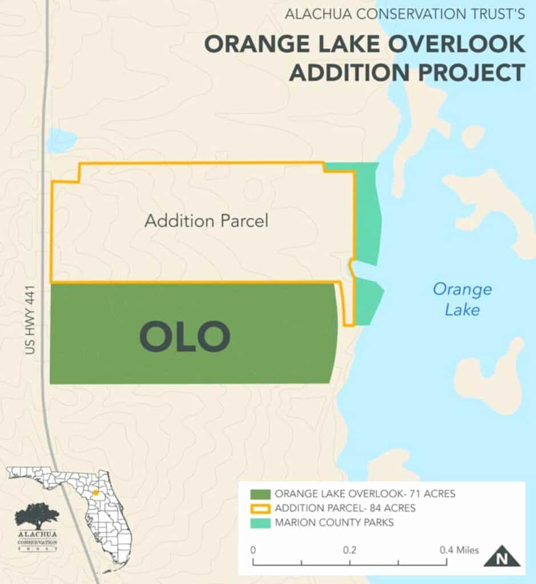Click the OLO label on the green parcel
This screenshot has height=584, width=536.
coord(185,336)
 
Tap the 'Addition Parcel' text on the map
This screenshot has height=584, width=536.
coord(206,221)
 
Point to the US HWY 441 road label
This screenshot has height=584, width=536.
coord(30,321)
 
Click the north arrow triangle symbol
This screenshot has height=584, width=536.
coord(502,557)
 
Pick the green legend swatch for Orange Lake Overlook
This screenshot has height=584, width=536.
coord(259,494)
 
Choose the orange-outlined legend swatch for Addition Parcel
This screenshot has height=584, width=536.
coord(259,508)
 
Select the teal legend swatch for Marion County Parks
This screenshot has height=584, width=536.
coord(259,522)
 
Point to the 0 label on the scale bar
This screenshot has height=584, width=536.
coord(253,550)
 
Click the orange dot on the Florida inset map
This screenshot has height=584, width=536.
coord(96,492)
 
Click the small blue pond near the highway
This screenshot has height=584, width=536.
coord(62,140)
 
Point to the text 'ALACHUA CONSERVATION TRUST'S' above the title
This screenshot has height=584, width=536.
coord(404,13)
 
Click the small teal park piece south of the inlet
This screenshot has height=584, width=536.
coord(368,300)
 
